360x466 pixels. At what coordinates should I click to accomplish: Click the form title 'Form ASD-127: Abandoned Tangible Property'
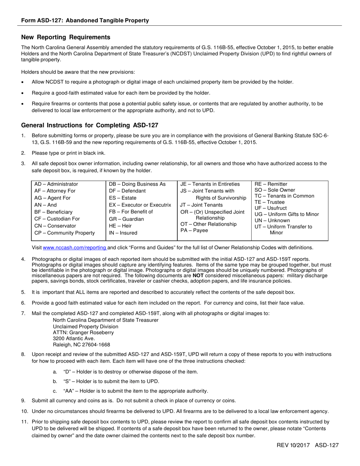click(x=85, y=20)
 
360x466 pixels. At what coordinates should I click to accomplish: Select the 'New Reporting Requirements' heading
click(x=66, y=37)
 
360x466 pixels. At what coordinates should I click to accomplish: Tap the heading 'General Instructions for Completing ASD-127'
click(x=89, y=125)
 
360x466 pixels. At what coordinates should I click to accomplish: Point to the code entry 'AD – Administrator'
click(x=56, y=184)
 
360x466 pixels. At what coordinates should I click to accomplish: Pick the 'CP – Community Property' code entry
click(x=64, y=233)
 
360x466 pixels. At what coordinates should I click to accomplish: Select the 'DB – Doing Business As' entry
click(x=137, y=184)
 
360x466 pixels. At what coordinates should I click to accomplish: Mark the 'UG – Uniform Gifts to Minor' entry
click(x=287, y=214)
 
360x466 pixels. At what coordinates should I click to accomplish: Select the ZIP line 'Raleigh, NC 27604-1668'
click(x=81, y=344)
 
